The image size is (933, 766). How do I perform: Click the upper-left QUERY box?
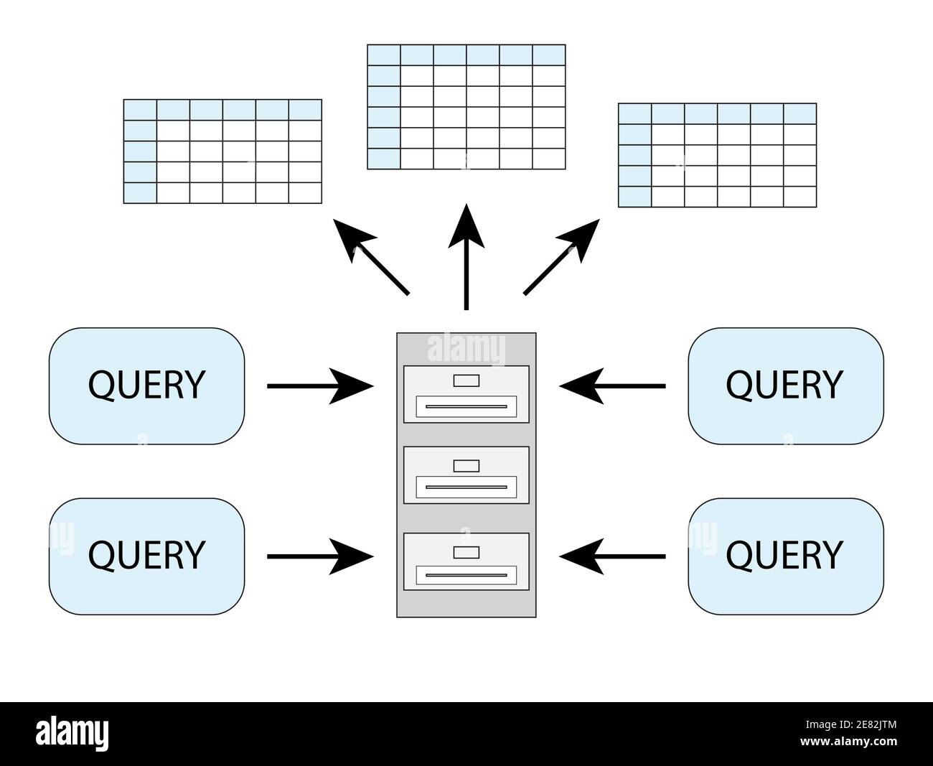click(146, 386)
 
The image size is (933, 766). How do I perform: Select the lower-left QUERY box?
click(146, 556)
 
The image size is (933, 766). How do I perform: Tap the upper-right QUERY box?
click(785, 386)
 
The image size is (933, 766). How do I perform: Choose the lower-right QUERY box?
click(785, 556)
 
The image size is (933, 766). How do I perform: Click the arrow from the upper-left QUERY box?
click(319, 386)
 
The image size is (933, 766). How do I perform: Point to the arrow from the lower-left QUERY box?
click(319, 556)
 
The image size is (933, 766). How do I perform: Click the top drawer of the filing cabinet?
click(467, 393)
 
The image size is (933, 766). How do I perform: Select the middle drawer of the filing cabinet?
click(467, 475)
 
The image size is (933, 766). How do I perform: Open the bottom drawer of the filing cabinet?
click(467, 561)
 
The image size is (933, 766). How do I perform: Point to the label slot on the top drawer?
click(467, 380)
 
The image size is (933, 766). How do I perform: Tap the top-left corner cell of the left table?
click(140, 109)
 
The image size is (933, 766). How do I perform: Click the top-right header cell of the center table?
click(549, 55)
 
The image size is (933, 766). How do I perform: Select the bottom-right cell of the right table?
click(800, 197)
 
